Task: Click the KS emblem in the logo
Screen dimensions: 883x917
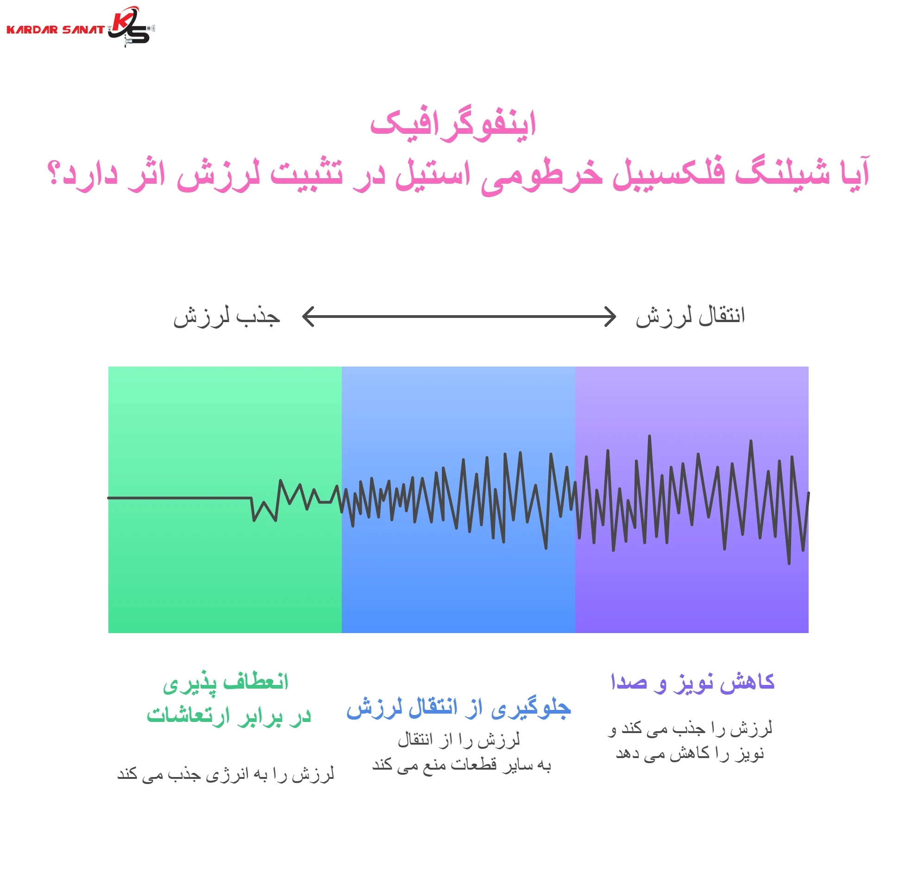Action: [x=130, y=27]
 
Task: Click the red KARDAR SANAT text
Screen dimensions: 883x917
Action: [x=55, y=30]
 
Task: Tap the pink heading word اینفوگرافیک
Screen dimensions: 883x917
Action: [x=453, y=124]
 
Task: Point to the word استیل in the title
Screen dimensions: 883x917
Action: [x=433, y=174]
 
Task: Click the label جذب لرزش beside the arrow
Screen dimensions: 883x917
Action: [x=226, y=317]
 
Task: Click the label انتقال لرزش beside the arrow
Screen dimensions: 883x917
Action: [x=690, y=317]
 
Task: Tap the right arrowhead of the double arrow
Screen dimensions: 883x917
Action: [x=611, y=317]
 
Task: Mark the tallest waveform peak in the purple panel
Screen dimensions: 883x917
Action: [x=649, y=436]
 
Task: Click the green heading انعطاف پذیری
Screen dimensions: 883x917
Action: [x=226, y=683]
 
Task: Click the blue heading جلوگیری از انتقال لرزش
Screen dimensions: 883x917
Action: [x=458, y=709]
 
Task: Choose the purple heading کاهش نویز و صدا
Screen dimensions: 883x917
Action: [x=692, y=683]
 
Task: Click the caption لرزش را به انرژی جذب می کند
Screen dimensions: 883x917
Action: [x=226, y=774]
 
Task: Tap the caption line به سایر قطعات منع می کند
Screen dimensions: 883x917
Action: [x=461, y=765]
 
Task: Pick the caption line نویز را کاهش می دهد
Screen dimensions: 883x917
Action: [x=690, y=753]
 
